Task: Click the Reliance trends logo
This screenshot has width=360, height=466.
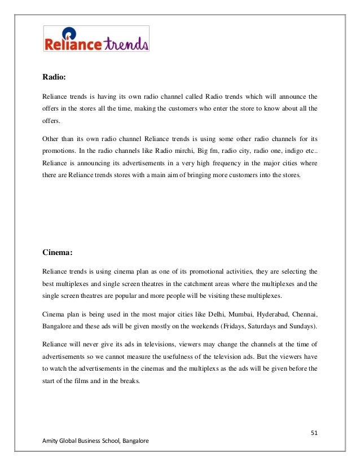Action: [96, 39]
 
